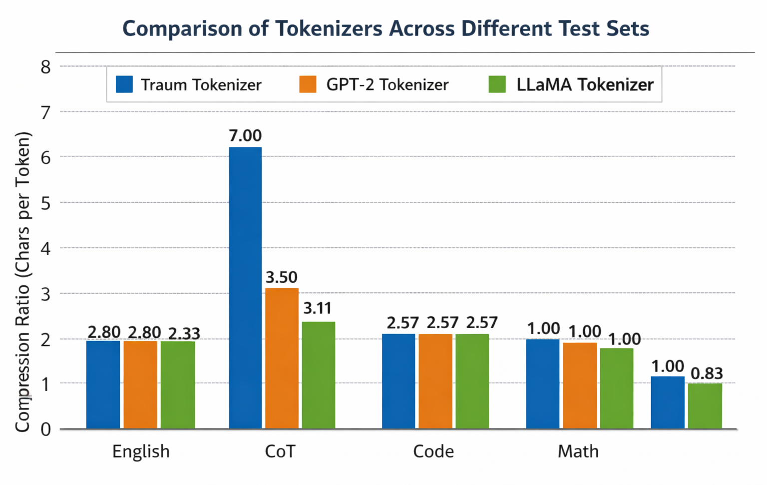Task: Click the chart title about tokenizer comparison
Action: pos(385,28)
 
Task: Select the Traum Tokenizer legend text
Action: pos(201,85)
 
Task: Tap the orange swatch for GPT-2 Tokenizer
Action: pos(308,84)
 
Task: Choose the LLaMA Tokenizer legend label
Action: pos(585,85)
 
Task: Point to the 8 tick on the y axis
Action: pos(45,67)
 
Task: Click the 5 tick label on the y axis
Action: pos(45,203)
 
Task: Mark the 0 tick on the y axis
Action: pos(45,430)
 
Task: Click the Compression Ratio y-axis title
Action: pos(22,282)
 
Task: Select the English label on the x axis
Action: pos(141,452)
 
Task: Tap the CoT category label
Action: pos(280,452)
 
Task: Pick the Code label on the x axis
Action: pos(433,452)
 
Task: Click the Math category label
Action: pos(578,452)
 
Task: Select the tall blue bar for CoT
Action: pos(245,288)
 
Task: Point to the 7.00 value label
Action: pos(245,136)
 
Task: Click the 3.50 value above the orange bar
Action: pos(281,277)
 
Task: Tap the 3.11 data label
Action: pos(318,308)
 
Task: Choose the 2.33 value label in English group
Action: pos(184,333)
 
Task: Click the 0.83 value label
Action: pos(707,373)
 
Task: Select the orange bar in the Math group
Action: pos(580,386)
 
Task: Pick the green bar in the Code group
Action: pos(472,381)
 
